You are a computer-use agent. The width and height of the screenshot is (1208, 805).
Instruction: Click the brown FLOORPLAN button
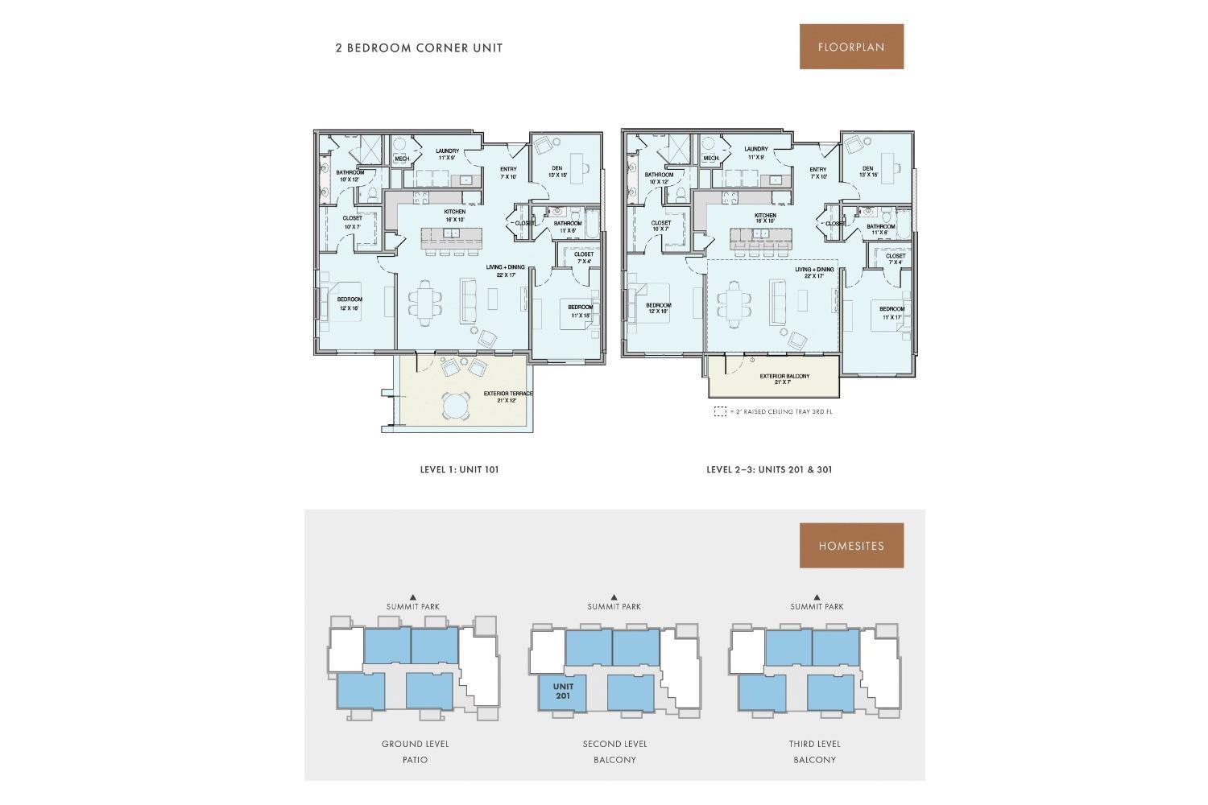(x=851, y=47)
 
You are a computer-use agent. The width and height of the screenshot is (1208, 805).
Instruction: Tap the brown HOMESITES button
(x=851, y=546)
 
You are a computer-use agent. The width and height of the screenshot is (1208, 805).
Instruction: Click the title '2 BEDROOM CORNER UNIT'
(x=419, y=47)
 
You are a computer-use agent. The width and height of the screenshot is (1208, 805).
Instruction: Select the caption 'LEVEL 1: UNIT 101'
(x=459, y=469)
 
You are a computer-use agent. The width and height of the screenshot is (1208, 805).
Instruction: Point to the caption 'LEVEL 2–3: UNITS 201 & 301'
(x=769, y=469)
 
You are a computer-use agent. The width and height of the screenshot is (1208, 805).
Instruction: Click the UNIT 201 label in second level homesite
(x=563, y=691)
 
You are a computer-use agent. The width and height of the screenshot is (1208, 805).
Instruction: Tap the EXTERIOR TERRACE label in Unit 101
(x=508, y=394)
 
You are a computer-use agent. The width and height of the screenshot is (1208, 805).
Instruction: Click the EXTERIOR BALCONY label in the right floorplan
(x=784, y=377)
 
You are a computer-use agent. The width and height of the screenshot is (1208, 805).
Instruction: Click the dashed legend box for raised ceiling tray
(x=720, y=411)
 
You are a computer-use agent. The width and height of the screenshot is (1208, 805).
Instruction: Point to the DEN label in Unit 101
(x=556, y=168)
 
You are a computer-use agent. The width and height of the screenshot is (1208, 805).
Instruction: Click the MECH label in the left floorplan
(x=401, y=159)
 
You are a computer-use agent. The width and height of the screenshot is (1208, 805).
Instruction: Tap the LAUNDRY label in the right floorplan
(x=755, y=149)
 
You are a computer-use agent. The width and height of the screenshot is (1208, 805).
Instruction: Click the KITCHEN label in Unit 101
(x=454, y=212)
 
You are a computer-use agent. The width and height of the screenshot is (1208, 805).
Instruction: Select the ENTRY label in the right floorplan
(x=817, y=170)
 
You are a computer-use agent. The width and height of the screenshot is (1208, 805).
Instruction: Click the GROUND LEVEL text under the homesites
(x=415, y=744)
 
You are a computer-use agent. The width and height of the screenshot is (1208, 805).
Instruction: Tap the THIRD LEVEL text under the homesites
(x=814, y=744)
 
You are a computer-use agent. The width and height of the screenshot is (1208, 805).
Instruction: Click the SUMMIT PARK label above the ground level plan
(x=413, y=607)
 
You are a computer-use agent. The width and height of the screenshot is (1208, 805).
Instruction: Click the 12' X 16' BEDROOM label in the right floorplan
(x=658, y=306)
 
